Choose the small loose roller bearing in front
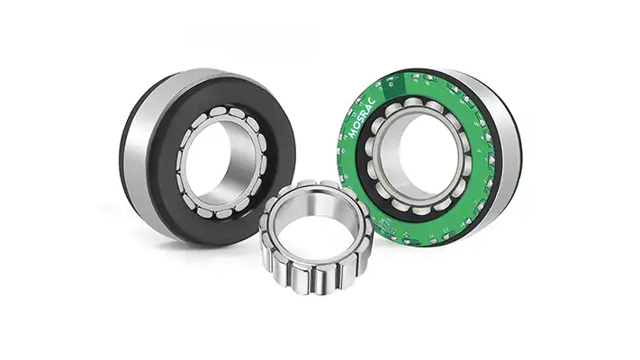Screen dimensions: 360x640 (x=314, y=243)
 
